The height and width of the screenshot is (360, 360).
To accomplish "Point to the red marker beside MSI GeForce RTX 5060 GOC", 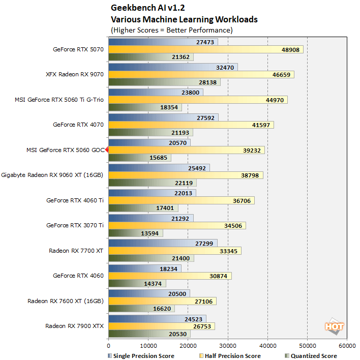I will (x=107, y=149).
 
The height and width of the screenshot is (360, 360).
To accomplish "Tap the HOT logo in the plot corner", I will (x=334, y=326).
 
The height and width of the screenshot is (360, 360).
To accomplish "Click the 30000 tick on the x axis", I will (x=228, y=344).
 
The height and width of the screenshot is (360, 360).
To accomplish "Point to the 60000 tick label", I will (x=347, y=344).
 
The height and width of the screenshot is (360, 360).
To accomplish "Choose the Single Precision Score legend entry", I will (x=141, y=355).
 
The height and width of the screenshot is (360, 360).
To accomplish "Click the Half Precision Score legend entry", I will (x=230, y=355).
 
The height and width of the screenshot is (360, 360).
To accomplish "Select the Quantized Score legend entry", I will (x=311, y=355).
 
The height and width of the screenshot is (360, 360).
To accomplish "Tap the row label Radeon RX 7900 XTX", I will (x=74, y=326).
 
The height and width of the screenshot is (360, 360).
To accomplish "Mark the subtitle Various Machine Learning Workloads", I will (x=184, y=20).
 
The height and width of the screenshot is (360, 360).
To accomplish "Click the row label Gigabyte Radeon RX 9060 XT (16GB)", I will (x=52, y=174).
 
